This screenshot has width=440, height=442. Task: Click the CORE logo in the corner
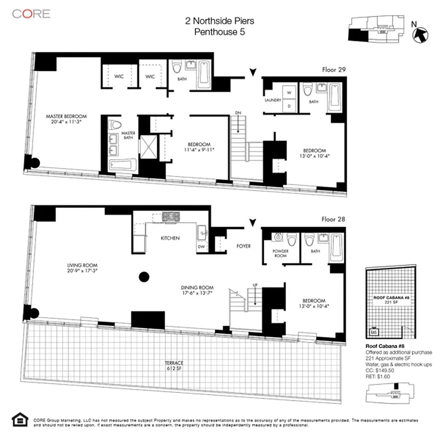pyautogui.click(x=32, y=14)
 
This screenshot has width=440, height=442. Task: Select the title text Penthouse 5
pyautogui.click(x=220, y=32)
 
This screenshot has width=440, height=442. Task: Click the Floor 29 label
pyautogui.click(x=335, y=70)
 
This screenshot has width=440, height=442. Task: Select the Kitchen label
pyautogui.click(x=170, y=239)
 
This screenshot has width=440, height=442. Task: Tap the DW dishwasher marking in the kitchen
pyautogui.click(x=201, y=247)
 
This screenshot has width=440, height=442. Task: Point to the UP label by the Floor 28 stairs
pyautogui.click(x=255, y=285)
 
